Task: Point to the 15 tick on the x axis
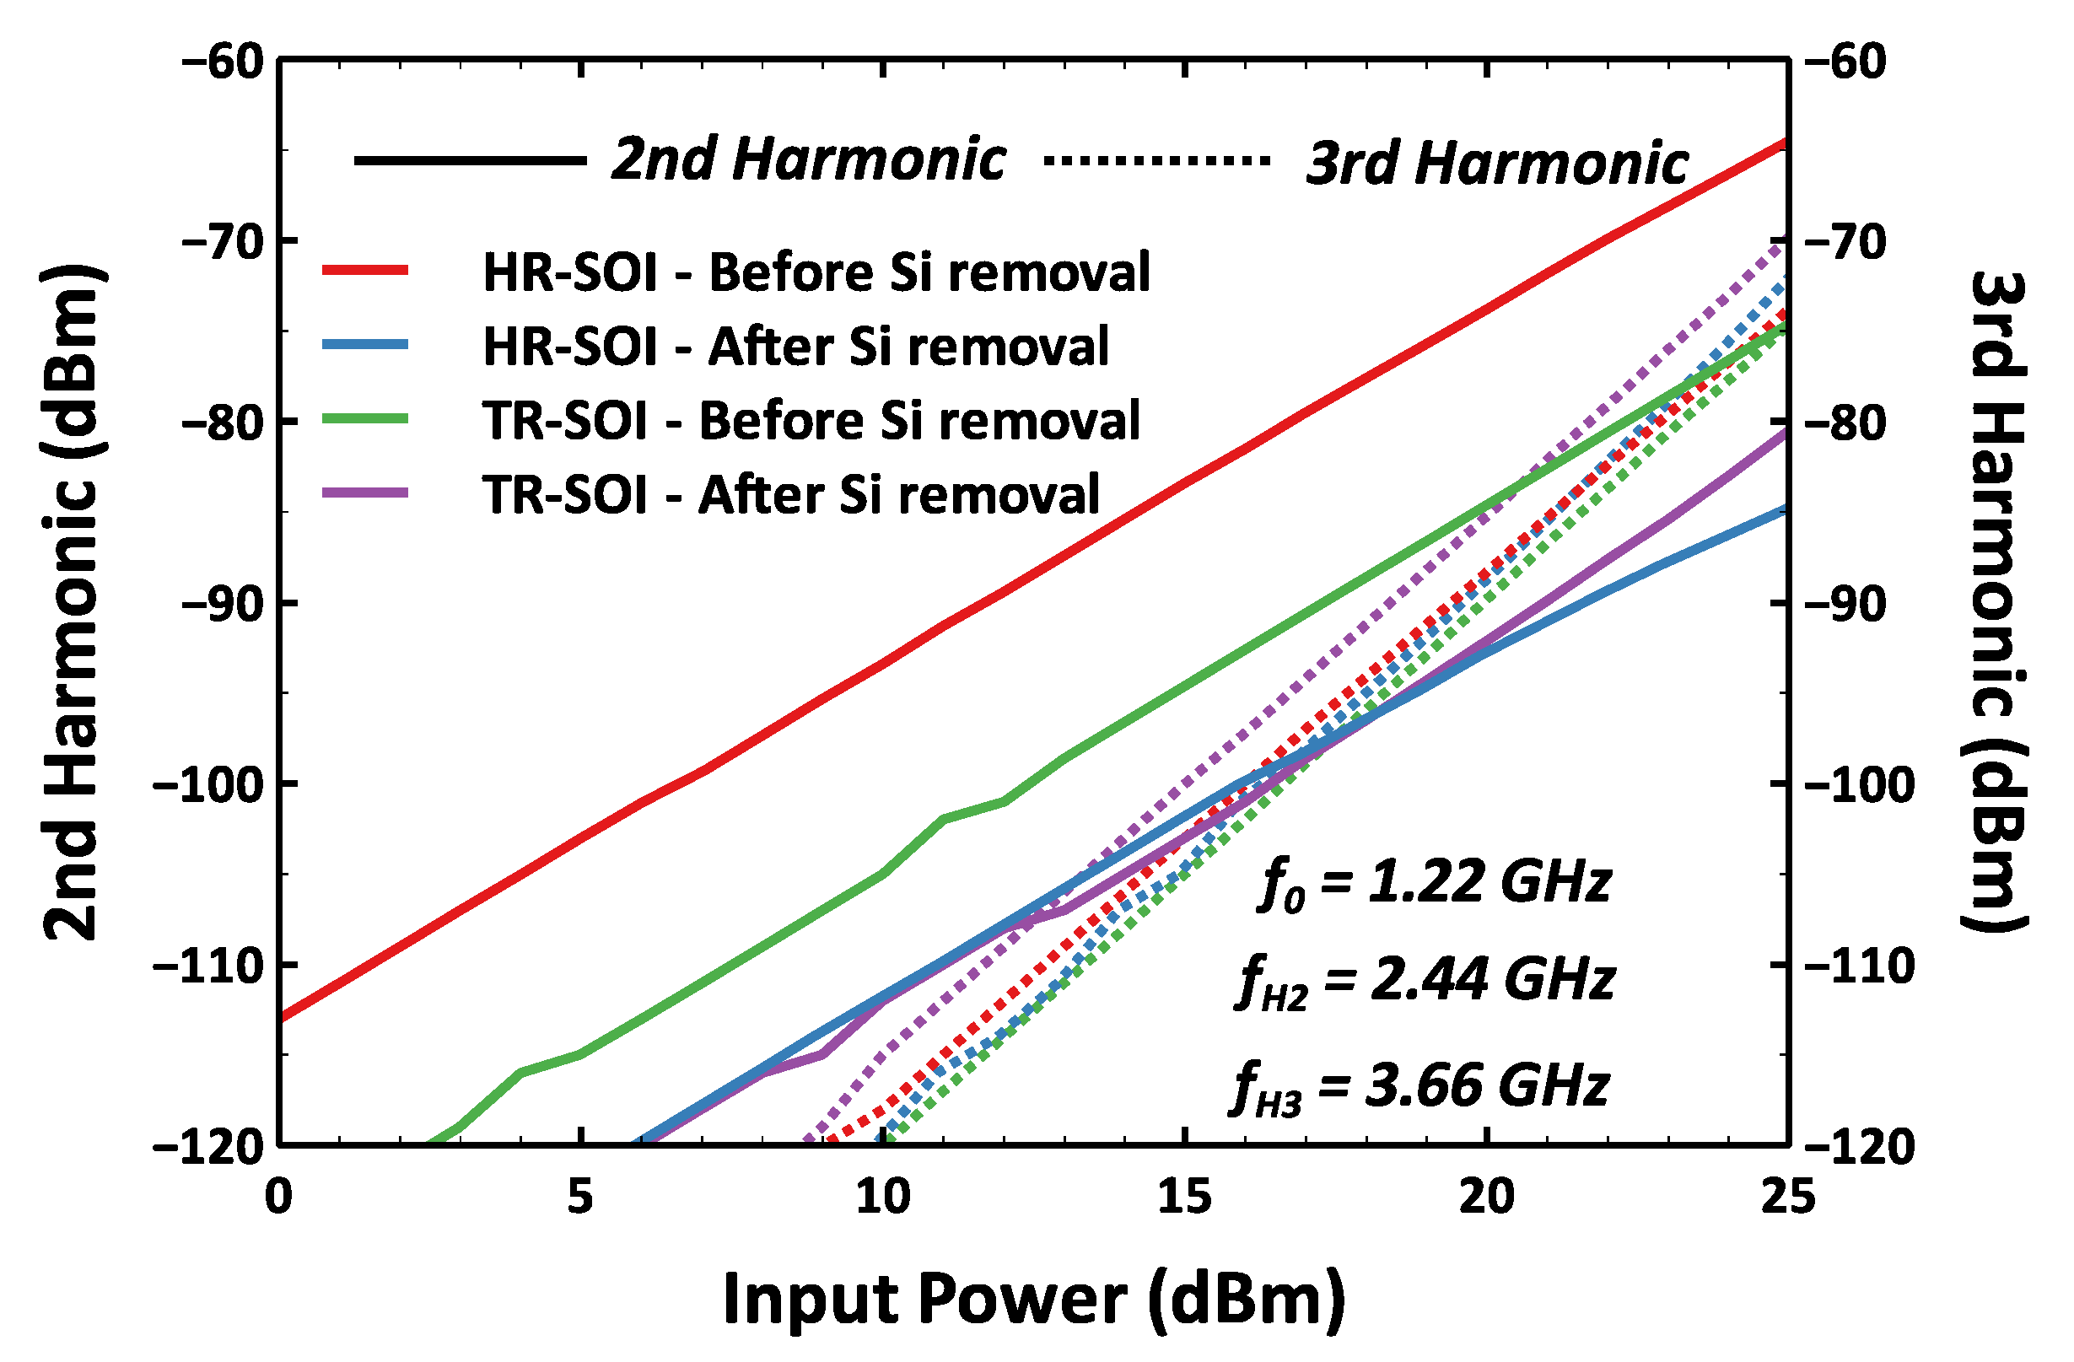(1185, 1198)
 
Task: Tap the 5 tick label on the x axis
(579, 1198)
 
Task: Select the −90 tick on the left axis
(222, 603)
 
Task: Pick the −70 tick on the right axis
(1843, 241)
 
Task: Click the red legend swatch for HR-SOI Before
(365, 271)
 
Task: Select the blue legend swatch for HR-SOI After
(365, 345)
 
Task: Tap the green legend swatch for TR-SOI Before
(365, 419)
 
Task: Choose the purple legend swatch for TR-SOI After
(365, 493)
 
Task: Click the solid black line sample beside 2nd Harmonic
(470, 160)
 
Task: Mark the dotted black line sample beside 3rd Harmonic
(1156, 160)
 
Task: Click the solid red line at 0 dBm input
(283, 1016)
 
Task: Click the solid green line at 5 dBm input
(579, 1054)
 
